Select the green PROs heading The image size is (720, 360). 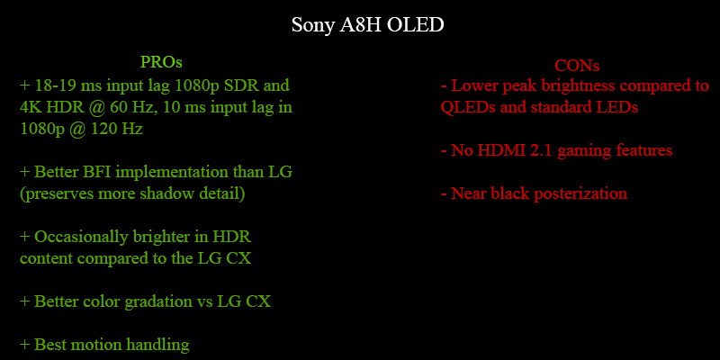tap(161, 62)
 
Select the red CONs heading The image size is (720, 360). tap(577, 66)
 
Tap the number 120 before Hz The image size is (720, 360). tap(103, 129)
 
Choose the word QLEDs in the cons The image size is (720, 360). tap(464, 107)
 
